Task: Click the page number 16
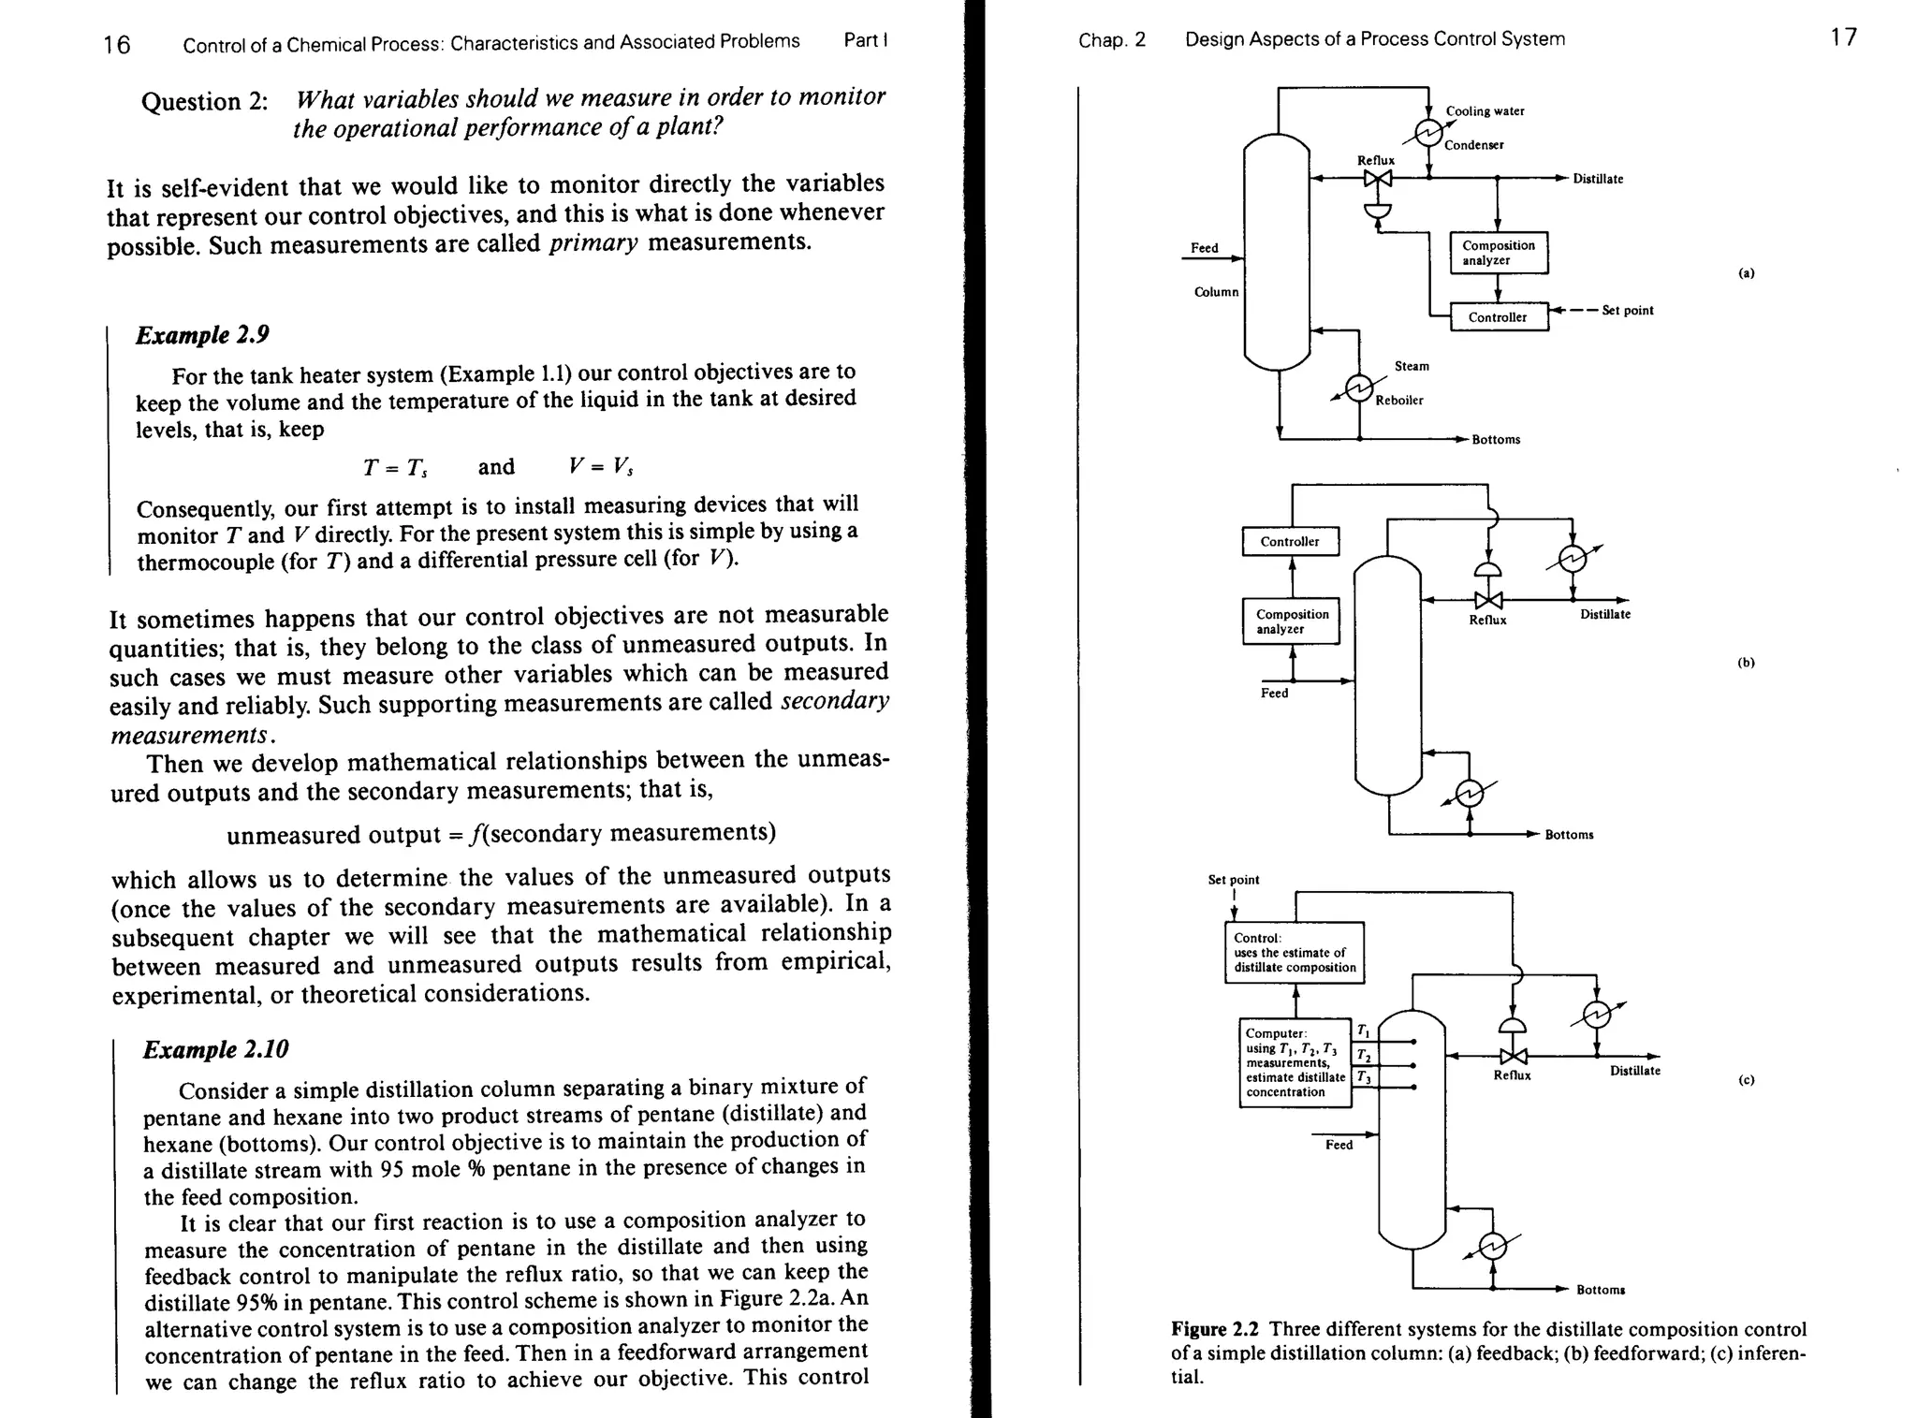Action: click(117, 44)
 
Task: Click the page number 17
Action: click(1843, 37)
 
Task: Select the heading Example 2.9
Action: click(195, 335)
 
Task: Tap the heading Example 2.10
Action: click(215, 1049)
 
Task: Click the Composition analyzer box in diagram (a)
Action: click(1498, 253)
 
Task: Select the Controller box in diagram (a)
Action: click(1498, 317)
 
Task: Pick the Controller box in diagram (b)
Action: click(1290, 541)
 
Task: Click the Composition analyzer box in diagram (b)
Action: click(1291, 621)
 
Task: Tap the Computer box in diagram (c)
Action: click(1295, 1062)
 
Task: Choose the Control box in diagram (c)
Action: click(1295, 953)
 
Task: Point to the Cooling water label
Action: click(1485, 111)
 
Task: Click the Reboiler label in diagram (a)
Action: click(1398, 401)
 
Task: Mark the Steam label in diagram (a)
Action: click(1412, 366)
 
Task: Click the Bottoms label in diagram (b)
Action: click(1569, 835)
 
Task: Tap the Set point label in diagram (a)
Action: click(1627, 311)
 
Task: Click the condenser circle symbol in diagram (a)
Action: click(1428, 134)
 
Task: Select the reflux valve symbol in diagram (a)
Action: click(1377, 178)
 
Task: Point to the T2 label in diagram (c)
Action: click(1364, 1057)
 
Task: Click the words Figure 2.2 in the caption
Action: click(1214, 1330)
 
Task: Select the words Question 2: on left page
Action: click(204, 101)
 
